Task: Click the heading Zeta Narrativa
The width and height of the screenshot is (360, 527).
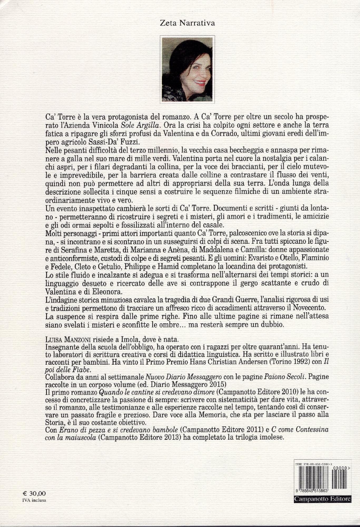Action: [x=188, y=23]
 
